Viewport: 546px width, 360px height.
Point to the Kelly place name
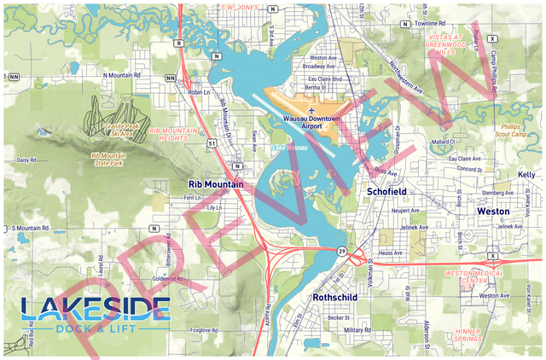526,175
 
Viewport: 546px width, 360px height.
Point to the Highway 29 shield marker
341,249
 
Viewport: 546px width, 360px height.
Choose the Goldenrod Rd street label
168,279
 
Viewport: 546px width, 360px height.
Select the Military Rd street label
357,329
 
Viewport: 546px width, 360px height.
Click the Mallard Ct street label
443,142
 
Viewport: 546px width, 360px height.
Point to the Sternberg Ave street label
497,193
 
